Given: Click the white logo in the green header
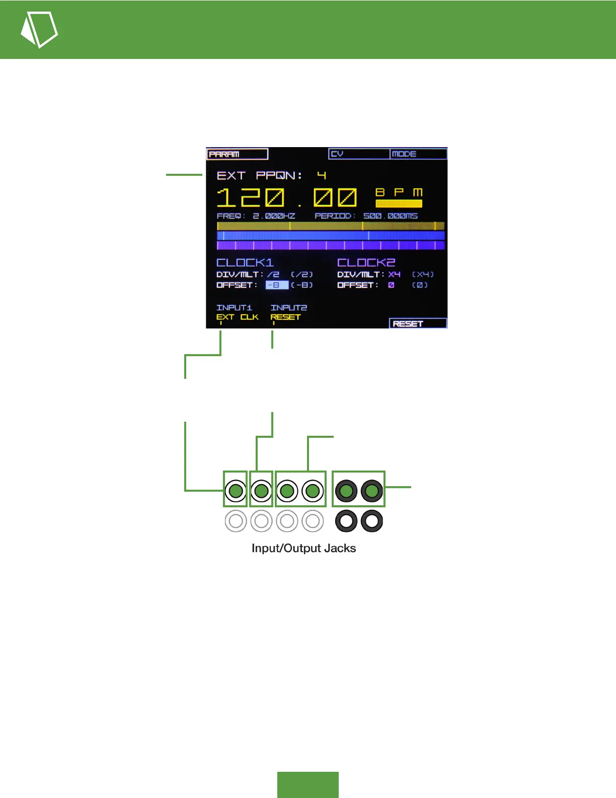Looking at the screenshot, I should tap(39, 29).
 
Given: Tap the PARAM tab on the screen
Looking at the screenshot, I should tap(237, 154).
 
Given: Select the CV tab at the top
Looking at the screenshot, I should tap(359, 154).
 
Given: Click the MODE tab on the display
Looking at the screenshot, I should tap(418, 154).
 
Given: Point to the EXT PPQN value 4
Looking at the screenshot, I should tap(322, 175).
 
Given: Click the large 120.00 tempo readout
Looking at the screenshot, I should tap(287, 197).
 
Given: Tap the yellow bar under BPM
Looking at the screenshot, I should tap(399, 204).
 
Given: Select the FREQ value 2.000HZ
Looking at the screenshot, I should tap(274, 216).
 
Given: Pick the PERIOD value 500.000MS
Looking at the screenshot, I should tap(391, 216).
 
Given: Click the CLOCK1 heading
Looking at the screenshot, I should tap(245, 262).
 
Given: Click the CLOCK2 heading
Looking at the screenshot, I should tap(366, 262).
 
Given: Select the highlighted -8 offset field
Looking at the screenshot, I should tap(277, 285).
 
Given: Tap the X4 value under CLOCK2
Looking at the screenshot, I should tap(394, 275).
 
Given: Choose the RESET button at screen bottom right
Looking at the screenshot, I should tap(418, 323).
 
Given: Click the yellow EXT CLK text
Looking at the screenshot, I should tap(237, 317).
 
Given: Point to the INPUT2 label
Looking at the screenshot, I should tap(288, 307).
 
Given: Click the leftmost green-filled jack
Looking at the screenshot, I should tap(236, 491).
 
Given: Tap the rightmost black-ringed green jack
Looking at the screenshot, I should tap(372, 491).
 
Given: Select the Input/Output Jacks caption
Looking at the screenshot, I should tap(303, 548).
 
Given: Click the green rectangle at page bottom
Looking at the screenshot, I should tap(307, 784).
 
